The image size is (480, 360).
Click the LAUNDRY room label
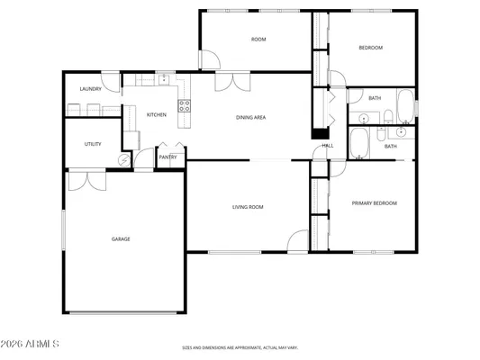(90, 88)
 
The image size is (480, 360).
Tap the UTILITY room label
(93, 144)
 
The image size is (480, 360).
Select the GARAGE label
(121, 238)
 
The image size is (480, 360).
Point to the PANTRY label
(168, 157)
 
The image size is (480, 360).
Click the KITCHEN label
(157, 114)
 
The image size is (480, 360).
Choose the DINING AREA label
(250, 117)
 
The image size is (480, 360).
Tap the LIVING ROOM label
(248, 207)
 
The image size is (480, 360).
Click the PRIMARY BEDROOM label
(374, 202)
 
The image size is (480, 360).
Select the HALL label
(328, 145)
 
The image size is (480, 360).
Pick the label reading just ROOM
(258, 39)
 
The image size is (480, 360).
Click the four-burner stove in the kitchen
(185, 105)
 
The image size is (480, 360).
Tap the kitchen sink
(166, 80)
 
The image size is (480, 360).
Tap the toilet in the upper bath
(385, 115)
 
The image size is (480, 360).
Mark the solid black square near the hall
(318, 134)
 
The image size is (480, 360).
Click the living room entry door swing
(299, 241)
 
